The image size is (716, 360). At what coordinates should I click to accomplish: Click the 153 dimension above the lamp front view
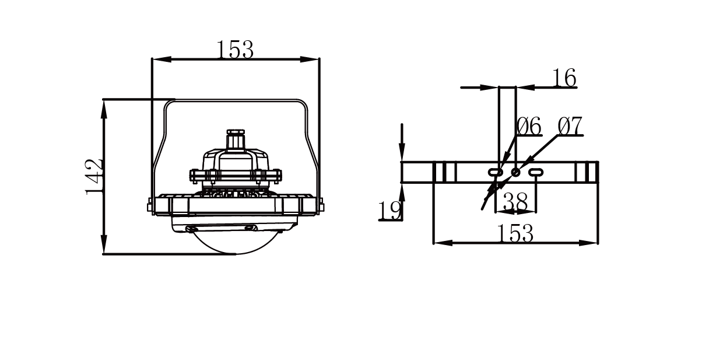coord(235,49)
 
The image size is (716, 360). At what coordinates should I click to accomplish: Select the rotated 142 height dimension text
coord(93,177)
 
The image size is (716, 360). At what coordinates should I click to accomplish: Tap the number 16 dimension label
coord(564,78)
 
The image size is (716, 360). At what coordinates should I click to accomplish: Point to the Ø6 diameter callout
coord(529,126)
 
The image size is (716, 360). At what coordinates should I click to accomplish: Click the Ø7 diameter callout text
coord(570,126)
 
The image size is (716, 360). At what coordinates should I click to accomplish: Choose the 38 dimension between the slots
coord(515,202)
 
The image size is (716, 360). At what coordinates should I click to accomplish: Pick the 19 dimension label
coord(389,211)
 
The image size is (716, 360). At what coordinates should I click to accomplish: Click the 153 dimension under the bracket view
coord(515,233)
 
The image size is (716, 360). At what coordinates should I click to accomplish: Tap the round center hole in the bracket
coord(515,173)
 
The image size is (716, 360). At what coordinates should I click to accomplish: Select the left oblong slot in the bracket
coord(496,173)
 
